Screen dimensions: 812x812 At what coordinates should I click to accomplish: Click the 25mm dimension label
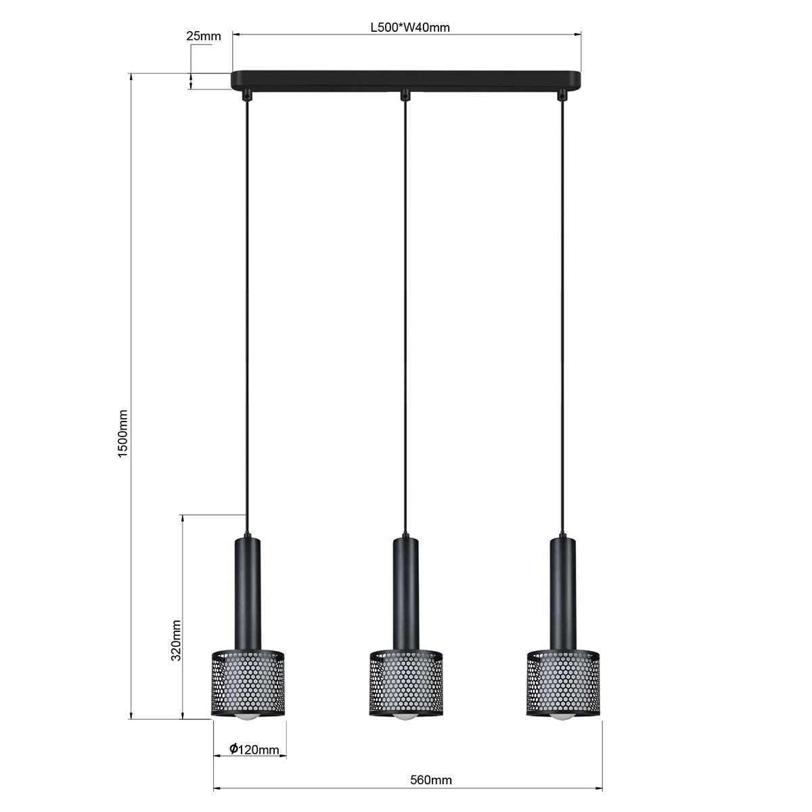tap(204, 37)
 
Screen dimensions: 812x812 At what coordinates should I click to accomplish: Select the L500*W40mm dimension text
tap(410, 27)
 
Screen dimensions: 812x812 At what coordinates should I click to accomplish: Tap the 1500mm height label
tap(122, 434)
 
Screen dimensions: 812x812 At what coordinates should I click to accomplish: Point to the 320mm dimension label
tap(176, 640)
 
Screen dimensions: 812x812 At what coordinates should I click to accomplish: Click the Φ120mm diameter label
tap(254, 749)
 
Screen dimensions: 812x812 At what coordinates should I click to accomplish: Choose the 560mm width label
tap(430, 780)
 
